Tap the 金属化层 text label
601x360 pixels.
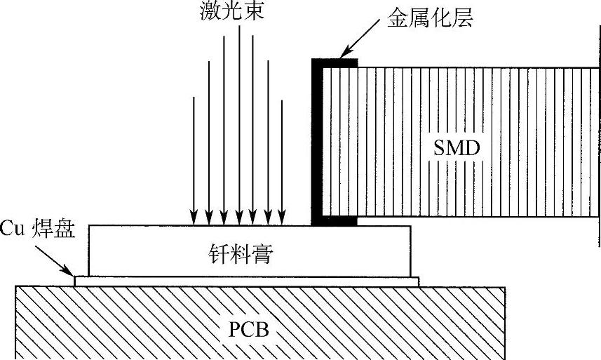pyautogui.click(x=430, y=18)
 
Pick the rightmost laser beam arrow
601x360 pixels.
pyautogui.click(x=282, y=161)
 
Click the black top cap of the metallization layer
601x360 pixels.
pyautogui.click(x=335, y=62)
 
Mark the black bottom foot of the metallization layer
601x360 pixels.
pyautogui.click(x=335, y=221)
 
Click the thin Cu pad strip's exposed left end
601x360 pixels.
pyautogui.click(x=81, y=281)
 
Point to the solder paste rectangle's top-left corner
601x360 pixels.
pyautogui.click(x=89, y=226)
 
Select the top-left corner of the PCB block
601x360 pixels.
pyautogui.click(x=17, y=287)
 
